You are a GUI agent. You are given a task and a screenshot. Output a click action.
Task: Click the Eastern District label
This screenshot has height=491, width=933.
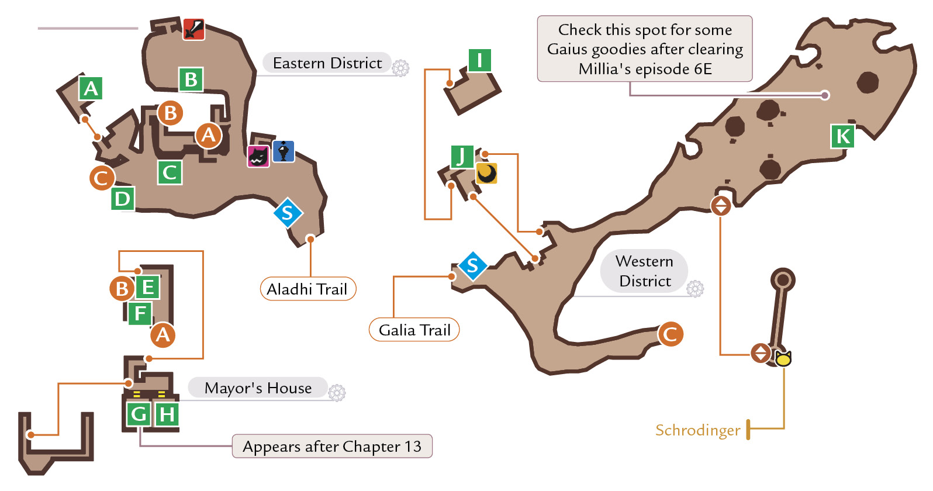[327, 63]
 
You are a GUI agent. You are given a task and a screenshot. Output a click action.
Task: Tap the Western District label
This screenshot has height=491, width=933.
[644, 271]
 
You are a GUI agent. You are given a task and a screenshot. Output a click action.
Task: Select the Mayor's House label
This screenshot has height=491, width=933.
[258, 388]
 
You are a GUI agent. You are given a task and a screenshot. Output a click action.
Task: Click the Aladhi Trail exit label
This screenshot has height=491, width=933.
[308, 289]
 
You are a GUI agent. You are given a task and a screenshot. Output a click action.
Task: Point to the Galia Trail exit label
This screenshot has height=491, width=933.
[414, 330]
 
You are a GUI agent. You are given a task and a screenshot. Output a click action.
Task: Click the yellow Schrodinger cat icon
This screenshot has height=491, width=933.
[783, 358]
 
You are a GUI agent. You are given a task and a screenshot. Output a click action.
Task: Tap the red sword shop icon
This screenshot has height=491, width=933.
[193, 29]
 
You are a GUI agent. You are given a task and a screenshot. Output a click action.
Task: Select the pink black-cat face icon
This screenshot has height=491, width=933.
[258, 157]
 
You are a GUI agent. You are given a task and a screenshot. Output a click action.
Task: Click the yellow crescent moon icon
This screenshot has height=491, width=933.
[486, 173]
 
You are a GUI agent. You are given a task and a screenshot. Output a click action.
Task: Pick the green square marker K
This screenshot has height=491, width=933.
[842, 136]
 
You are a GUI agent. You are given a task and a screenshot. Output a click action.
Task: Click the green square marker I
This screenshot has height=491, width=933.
[480, 60]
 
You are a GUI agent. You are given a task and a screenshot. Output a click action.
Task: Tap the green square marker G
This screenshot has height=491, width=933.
[139, 414]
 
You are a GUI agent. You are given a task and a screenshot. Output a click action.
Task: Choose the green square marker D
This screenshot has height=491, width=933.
[123, 199]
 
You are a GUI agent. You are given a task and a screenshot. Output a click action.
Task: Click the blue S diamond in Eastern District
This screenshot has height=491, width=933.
[288, 213]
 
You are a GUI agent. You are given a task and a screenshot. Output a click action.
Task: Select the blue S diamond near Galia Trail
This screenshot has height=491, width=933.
[473, 266]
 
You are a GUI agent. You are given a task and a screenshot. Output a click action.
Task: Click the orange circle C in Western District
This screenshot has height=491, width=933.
[670, 334]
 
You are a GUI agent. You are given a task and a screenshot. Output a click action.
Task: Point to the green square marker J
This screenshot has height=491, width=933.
[462, 157]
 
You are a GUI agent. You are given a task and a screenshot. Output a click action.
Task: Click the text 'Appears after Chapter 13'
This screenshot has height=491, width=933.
[332, 447]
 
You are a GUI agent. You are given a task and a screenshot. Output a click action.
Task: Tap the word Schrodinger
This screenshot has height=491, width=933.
[697, 430]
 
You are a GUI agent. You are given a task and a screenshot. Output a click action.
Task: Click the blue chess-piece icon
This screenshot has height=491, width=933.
[284, 151]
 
